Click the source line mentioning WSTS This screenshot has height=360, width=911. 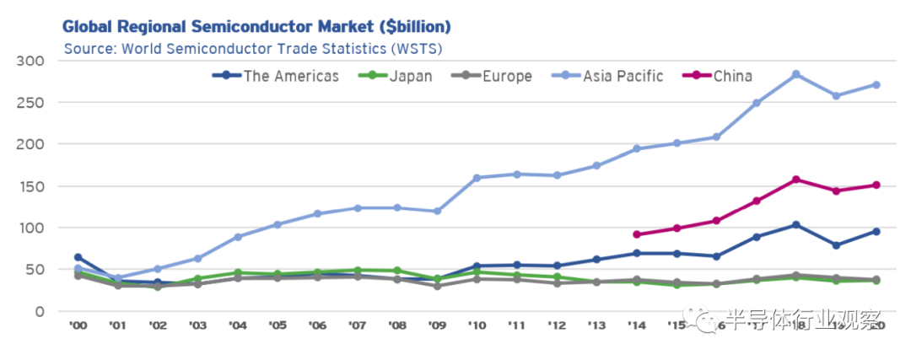tap(253, 48)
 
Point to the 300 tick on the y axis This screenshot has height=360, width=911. tap(30, 61)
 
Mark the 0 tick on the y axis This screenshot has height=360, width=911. tap(39, 311)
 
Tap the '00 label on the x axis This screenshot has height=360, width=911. tap(78, 325)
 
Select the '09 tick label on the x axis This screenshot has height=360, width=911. tap(437, 325)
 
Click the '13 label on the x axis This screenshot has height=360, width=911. tap(596, 325)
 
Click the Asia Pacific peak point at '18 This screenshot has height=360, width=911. tap(795, 74)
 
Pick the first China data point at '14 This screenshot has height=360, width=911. tap(636, 234)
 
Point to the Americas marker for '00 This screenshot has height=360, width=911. tap(78, 257)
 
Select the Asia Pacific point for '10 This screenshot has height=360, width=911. tap(477, 178)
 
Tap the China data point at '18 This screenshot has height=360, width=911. tap(795, 180)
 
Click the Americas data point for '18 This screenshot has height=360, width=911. tap(795, 225)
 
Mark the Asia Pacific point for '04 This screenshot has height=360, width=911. tap(238, 237)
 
